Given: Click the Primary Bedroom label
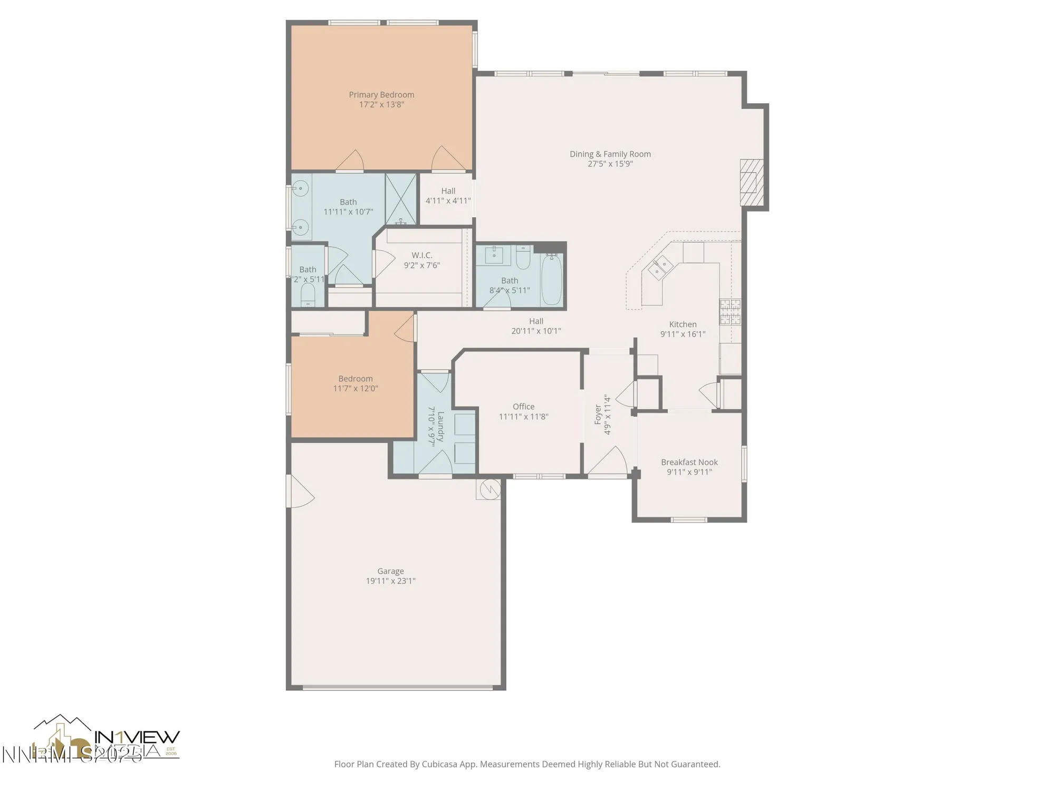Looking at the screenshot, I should pos(381,95).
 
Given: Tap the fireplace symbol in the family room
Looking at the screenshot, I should pos(751,182).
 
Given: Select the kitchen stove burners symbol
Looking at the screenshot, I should pos(730,312).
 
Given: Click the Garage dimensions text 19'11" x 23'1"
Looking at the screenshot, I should pos(390,581).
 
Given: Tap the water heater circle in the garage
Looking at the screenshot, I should pos(489,488).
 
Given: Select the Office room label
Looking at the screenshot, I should pos(523,407).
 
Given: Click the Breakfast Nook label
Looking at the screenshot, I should pos(689,462).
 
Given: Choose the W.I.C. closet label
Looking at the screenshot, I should pos(421,255).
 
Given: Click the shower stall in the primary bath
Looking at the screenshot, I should pos(401,199).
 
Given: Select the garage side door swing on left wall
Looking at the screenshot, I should pos(301,493).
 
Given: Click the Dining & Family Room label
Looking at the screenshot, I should pos(610,154).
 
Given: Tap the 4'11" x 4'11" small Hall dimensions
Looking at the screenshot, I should pos(448,200).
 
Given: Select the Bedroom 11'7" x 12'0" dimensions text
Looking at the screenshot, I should pos(356,389).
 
